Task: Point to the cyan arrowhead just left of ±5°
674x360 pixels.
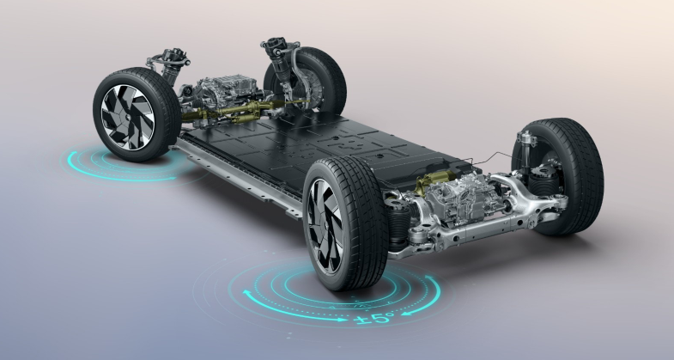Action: click(x=342, y=320)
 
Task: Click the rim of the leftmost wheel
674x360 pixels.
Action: click(x=128, y=117)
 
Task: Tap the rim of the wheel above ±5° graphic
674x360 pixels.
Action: click(x=325, y=226)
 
